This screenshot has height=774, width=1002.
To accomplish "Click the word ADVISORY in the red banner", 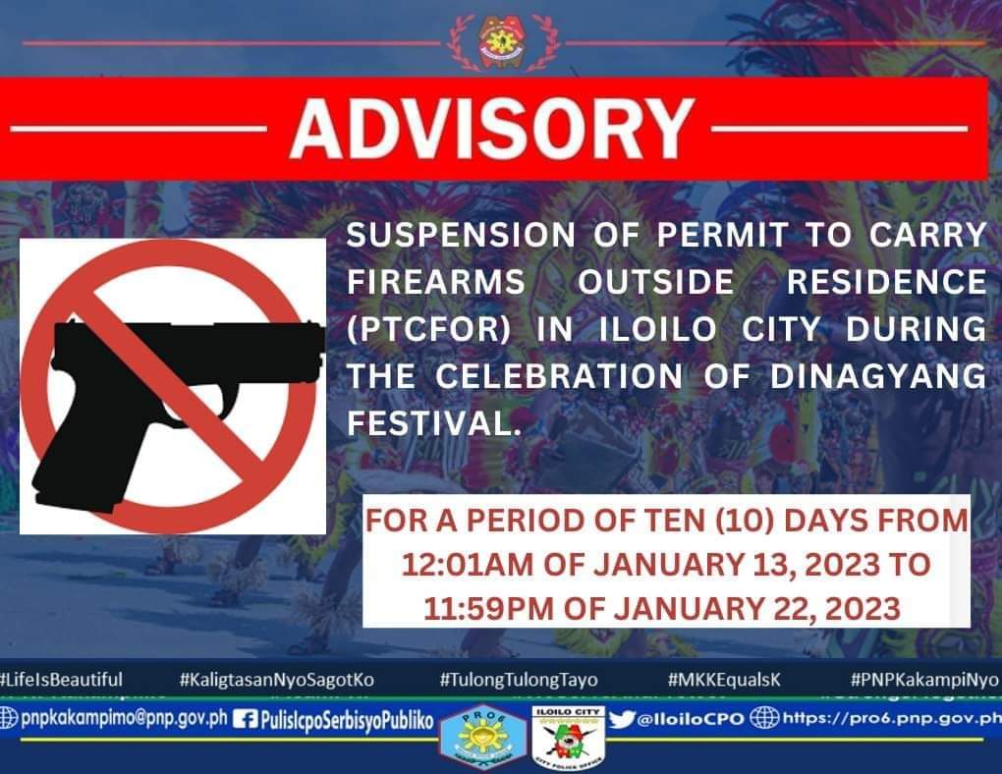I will (x=491, y=129).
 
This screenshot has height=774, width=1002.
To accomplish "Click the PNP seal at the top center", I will (x=501, y=40).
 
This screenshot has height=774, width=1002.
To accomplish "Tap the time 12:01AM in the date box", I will (x=460, y=565).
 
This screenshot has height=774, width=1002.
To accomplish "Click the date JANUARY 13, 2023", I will (x=738, y=565).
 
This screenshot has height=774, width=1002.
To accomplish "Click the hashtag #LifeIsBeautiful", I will (x=62, y=680).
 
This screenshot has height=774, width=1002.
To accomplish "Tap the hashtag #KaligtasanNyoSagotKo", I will (x=277, y=680).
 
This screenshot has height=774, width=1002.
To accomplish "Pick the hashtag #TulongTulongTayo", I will (x=519, y=680).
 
